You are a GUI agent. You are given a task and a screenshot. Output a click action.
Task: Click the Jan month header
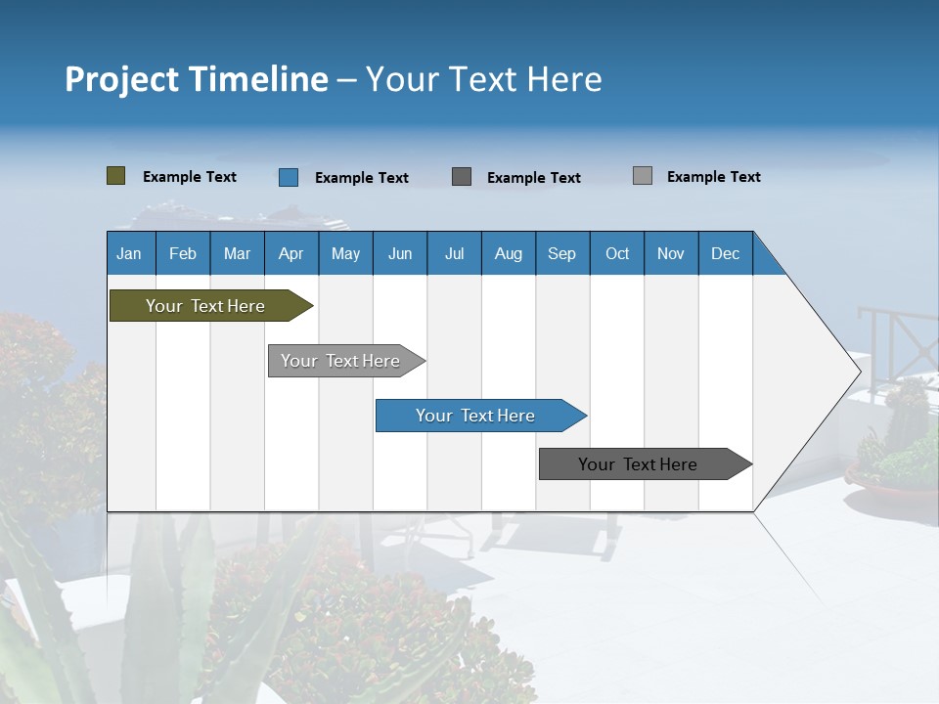click(x=129, y=253)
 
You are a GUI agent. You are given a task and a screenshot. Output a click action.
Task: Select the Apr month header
click(x=291, y=253)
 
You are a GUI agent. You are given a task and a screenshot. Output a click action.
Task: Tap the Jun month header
click(x=399, y=253)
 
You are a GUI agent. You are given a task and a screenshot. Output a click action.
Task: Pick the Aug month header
click(x=508, y=253)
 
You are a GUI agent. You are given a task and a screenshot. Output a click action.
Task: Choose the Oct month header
click(x=616, y=253)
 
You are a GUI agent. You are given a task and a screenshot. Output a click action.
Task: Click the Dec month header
click(x=725, y=253)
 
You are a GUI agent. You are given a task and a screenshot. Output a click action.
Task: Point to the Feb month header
click(x=183, y=253)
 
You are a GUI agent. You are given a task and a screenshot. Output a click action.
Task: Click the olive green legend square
click(x=115, y=176)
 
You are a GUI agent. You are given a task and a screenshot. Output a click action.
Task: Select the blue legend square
click(x=289, y=177)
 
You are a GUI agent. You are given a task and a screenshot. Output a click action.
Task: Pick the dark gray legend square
click(x=462, y=177)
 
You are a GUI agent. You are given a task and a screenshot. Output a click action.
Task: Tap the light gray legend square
click(x=642, y=176)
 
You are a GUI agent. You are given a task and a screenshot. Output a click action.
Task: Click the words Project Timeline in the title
click(x=197, y=79)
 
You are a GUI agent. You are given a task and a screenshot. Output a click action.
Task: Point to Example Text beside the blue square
click(x=361, y=178)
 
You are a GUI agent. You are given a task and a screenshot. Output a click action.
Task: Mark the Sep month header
click(x=561, y=253)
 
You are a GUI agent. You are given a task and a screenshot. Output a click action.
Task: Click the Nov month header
click(x=670, y=253)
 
